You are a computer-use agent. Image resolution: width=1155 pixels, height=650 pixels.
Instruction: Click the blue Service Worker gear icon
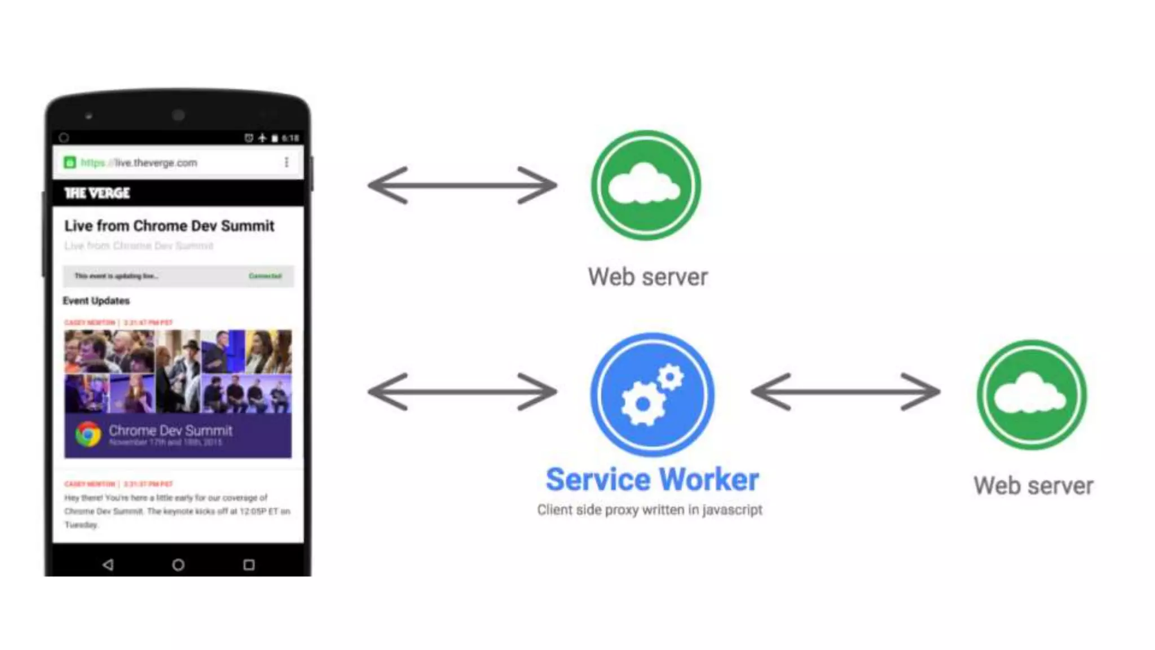click(652, 394)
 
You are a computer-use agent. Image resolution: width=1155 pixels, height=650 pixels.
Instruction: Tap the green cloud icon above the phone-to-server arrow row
click(646, 185)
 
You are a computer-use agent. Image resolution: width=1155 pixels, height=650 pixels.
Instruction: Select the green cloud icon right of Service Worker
click(1031, 394)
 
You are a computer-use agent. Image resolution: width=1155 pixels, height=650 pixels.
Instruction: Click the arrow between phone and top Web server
click(462, 185)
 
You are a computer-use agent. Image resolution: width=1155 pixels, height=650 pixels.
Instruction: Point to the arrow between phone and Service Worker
click(462, 392)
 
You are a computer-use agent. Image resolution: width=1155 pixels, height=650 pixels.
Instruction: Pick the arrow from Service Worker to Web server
click(845, 392)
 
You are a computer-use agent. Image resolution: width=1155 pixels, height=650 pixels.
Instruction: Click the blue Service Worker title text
click(652, 480)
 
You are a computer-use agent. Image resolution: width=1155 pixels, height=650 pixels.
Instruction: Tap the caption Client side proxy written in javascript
click(649, 510)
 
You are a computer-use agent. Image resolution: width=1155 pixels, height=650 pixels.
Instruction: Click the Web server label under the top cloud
click(647, 277)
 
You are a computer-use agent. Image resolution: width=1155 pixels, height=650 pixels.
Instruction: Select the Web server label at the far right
click(1033, 486)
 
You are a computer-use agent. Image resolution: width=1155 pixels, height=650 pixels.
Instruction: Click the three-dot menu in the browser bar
click(286, 162)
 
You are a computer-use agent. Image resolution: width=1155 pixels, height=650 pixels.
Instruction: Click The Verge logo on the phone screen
click(97, 194)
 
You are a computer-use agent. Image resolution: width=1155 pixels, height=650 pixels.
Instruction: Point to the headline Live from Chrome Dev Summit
click(169, 226)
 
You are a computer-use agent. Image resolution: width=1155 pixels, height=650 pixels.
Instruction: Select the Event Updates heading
click(96, 301)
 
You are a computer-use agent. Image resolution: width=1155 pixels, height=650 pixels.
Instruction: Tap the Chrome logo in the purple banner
click(88, 434)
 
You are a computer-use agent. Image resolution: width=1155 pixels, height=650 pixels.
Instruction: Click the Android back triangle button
click(108, 564)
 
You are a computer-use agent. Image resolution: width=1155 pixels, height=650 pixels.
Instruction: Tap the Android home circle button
click(178, 564)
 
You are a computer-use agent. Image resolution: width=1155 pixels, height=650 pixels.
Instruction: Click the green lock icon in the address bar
click(70, 162)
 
